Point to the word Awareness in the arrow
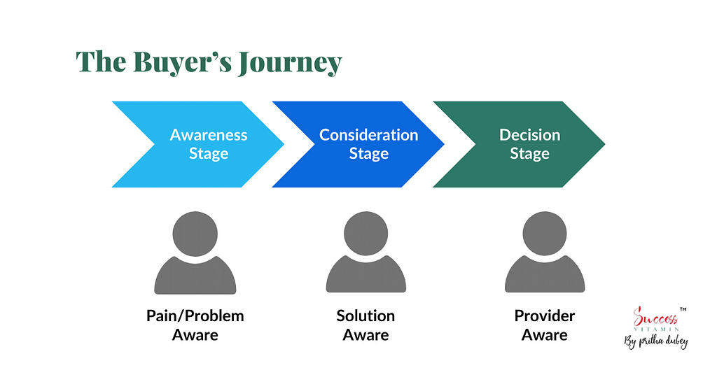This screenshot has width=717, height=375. tap(209, 135)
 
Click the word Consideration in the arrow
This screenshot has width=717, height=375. tap(369, 135)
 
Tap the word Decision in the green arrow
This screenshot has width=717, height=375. tap(529, 135)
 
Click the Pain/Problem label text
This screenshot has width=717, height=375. tap(195, 316)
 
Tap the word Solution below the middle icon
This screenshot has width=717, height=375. tap(366, 316)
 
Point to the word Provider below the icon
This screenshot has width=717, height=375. tap(545, 316)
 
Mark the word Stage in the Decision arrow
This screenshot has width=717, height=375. tap(529, 153)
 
